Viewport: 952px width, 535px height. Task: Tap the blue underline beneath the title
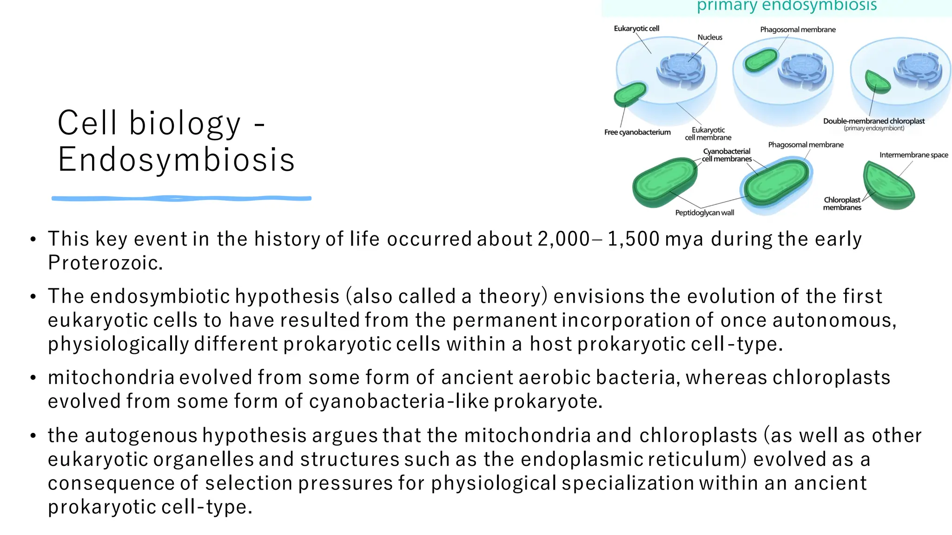tap(181, 199)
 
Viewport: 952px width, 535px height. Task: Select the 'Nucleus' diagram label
tap(710, 38)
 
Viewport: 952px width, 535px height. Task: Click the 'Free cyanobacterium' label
tap(637, 132)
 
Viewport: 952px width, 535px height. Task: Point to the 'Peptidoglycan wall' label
tap(705, 213)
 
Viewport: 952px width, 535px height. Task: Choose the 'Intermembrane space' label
tap(913, 155)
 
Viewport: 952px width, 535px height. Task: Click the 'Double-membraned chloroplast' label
tap(874, 121)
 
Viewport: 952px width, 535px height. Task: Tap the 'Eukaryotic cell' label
tap(636, 29)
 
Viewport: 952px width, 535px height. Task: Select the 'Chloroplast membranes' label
tap(842, 204)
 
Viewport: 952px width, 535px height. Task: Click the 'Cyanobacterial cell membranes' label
tap(727, 155)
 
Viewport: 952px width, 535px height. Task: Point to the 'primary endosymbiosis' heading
tap(787, 6)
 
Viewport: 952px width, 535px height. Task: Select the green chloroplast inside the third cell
tap(877, 82)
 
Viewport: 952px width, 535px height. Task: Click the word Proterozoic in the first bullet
tap(105, 263)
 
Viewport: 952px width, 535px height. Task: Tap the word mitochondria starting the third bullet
tap(111, 378)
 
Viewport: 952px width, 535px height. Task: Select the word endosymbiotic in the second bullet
tap(162, 296)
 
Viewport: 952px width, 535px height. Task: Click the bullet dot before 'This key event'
tap(33, 240)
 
